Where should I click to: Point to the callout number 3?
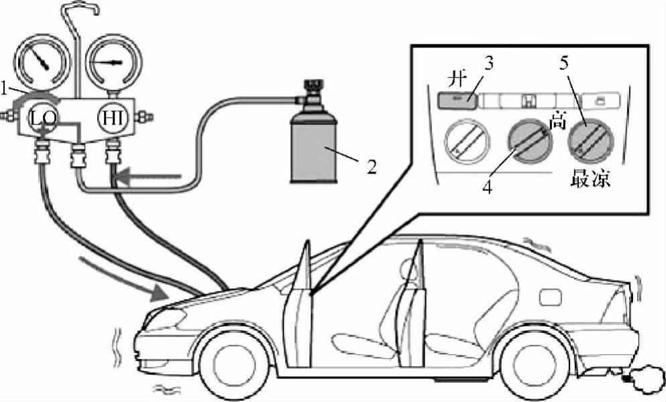tap(490, 65)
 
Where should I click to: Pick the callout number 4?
tap(488, 188)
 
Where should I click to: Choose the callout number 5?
tap(565, 65)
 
